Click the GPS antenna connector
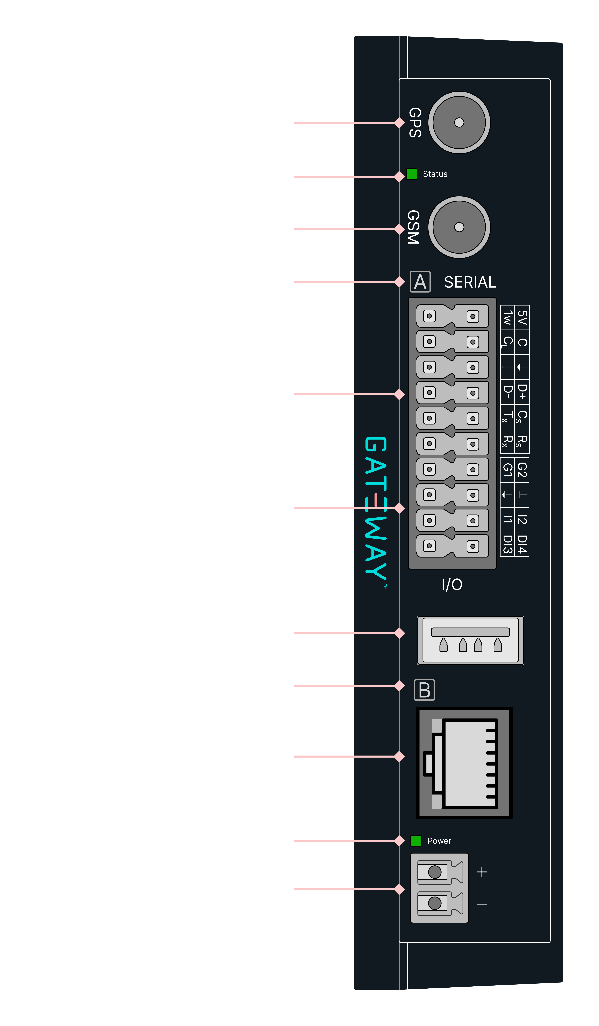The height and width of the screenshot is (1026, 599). (459, 123)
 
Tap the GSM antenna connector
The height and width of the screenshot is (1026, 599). (459, 227)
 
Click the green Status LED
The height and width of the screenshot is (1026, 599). (412, 174)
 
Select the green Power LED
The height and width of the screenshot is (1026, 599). (416, 840)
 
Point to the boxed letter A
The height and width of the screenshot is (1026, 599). (420, 282)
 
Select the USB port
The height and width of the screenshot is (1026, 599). (470, 640)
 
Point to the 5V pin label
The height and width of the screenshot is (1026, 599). (522, 318)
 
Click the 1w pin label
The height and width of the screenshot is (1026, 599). (507, 318)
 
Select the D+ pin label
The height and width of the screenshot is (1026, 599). (522, 392)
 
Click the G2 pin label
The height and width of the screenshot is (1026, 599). (522, 469)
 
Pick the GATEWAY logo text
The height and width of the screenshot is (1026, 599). (376, 508)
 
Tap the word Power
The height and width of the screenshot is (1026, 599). (439, 841)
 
